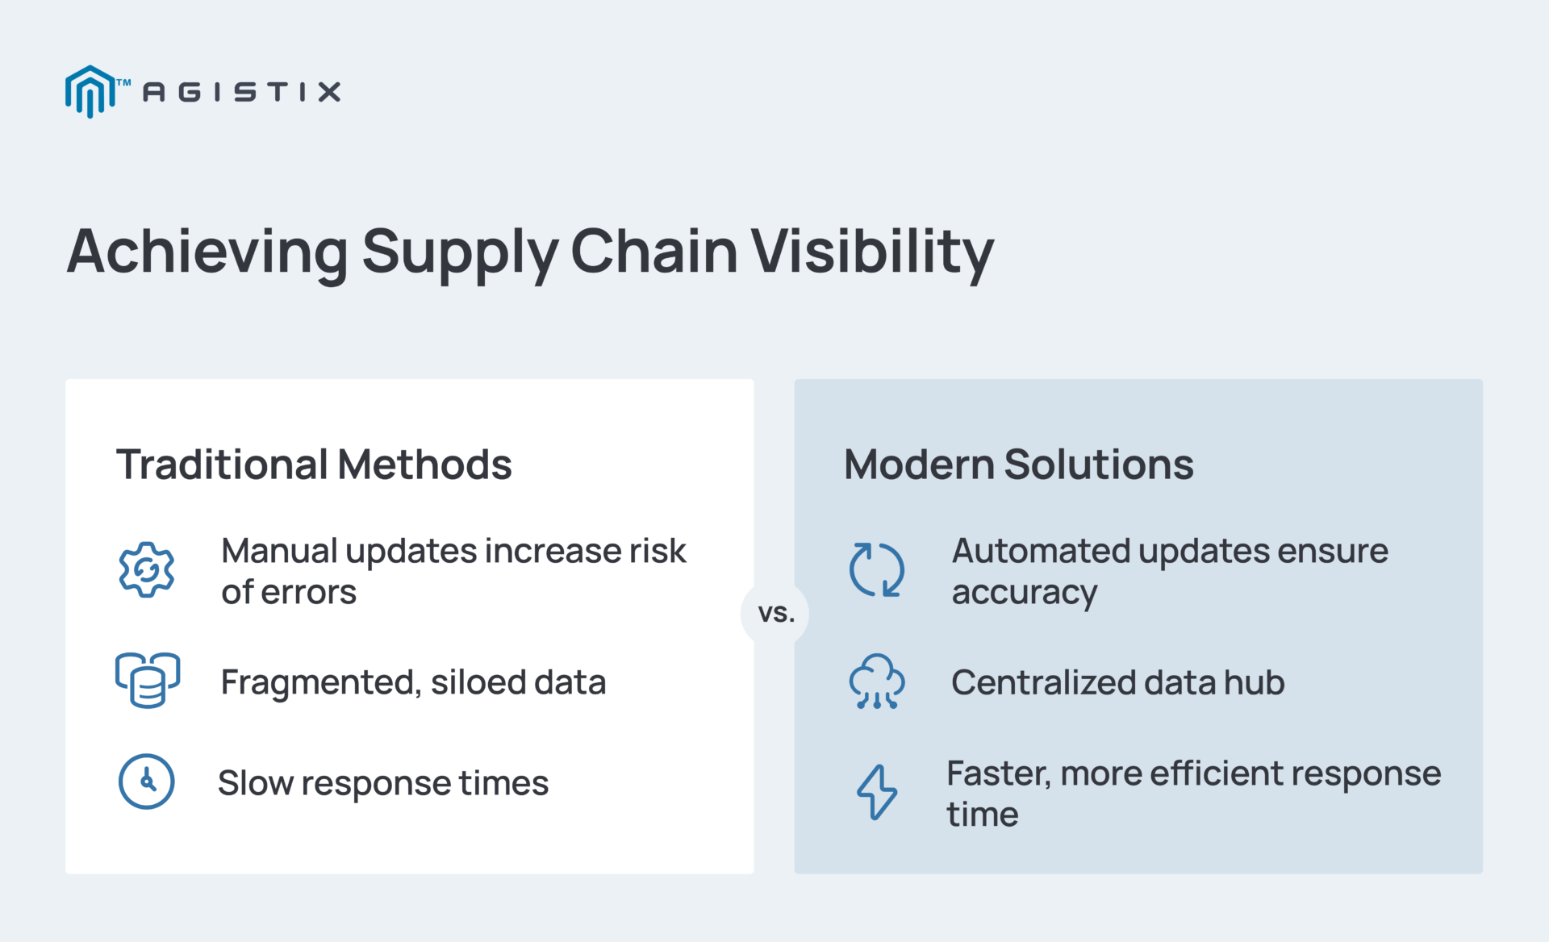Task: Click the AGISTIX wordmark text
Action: [241, 92]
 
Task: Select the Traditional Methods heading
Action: [314, 465]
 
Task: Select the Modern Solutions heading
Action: [1018, 465]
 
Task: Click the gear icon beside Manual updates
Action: [146, 570]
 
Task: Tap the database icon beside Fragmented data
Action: [147, 681]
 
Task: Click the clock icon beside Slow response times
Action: [146, 782]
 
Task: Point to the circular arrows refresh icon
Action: [876, 570]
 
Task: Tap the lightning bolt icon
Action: [876, 792]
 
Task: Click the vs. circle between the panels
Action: [775, 614]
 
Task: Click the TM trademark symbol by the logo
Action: [123, 82]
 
